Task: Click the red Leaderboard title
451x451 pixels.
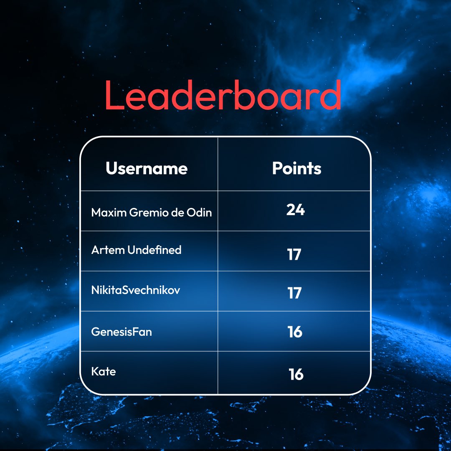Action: pos(223,95)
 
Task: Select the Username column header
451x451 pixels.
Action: pos(147,169)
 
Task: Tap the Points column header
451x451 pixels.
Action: pos(296,168)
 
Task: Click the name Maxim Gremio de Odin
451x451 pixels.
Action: pos(151,213)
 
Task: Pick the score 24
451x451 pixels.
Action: pos(295,210)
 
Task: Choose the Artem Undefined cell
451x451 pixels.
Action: pos(136,250)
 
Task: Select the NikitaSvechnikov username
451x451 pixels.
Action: pos(136,290)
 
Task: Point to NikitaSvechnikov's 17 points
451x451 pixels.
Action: pos(294,293)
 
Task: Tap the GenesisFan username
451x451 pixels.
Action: pos(122,332)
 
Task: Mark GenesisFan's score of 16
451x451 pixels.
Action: pos(295,332)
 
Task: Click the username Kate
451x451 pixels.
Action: pos(104,371)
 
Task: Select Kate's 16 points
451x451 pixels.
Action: pos(296,374)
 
